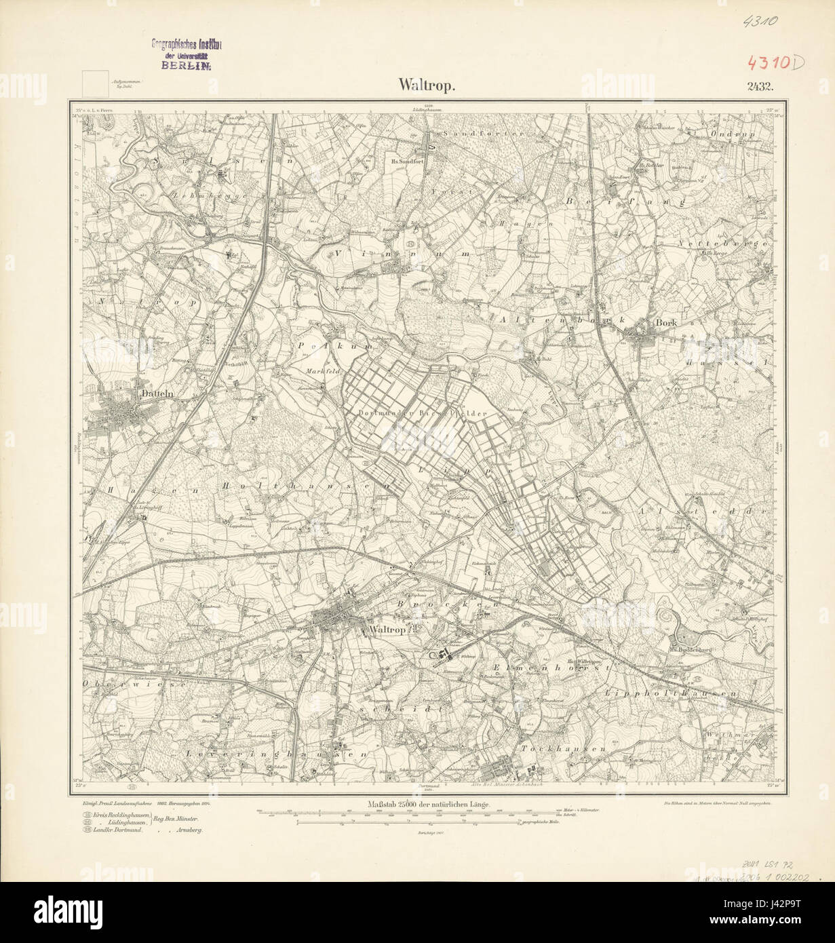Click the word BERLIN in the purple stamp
coord(186,66)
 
